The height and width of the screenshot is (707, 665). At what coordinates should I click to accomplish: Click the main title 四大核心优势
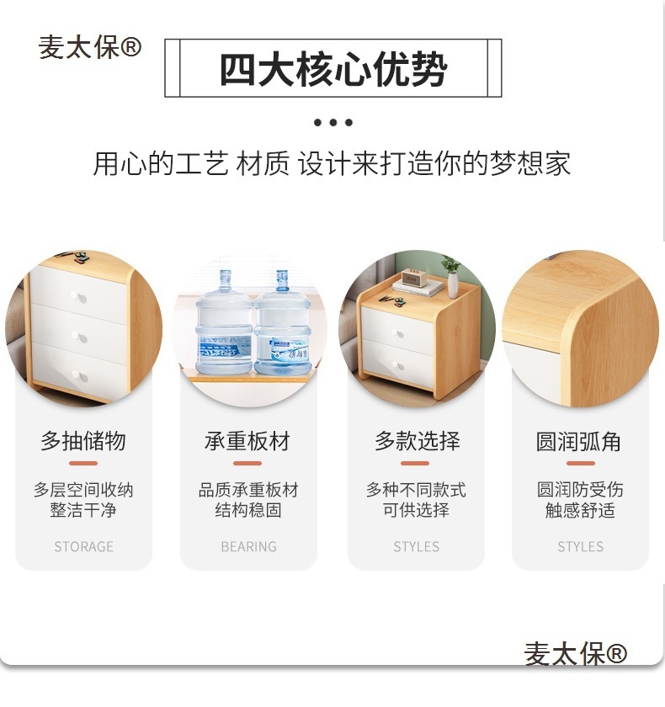pyautogui.click(x=333, y=69)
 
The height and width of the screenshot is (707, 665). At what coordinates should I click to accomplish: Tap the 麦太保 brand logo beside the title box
pyautogui.click(x=90, y=47)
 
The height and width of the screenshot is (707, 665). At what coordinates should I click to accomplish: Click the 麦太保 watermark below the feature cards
pyautogui.click(x=575, y=653)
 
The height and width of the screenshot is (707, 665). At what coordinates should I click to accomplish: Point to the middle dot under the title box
pyautogui.click(x=333, y=122)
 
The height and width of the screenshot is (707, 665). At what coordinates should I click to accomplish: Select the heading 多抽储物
pyautogui.click(x=83, y=440)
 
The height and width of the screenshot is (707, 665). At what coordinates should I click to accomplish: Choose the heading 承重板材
pyautogui.click(x=247, y=440)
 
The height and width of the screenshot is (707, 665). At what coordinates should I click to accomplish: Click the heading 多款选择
pyautogui.click(x=417, y=440)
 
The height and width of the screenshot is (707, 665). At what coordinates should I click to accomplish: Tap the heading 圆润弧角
pyautogui.click(x=578, y=441)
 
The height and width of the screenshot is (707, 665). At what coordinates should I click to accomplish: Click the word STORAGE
pyautogui.click(x=84, y=546)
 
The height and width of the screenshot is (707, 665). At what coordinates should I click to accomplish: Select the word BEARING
pyautogui.click(x=249, y=546)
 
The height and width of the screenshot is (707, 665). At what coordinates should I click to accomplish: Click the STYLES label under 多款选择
pyautogui.click(x=416, y=546)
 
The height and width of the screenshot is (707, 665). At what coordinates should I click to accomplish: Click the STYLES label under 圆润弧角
pyautogui.click(x=580, y=546)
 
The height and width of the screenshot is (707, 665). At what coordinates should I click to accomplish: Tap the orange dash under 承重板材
pyautogui.click(x=247, y=463)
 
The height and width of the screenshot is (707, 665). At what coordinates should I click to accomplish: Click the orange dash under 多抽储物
pyautogui.click(x=83, y=463)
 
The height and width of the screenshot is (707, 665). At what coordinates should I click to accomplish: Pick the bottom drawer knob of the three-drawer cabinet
pyautogui.click(x=79, y=375)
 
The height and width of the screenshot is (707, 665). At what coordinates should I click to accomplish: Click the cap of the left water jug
pyautogui.click(x=225, y=274)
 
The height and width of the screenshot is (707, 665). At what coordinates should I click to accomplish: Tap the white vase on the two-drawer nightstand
pyautogui.click(x=453, y=284)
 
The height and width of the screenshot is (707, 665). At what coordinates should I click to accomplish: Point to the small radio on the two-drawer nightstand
pyautogui.click(x=415, y=277)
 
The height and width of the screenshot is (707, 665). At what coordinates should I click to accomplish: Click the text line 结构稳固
pyautogui.click(x=248, y=510)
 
